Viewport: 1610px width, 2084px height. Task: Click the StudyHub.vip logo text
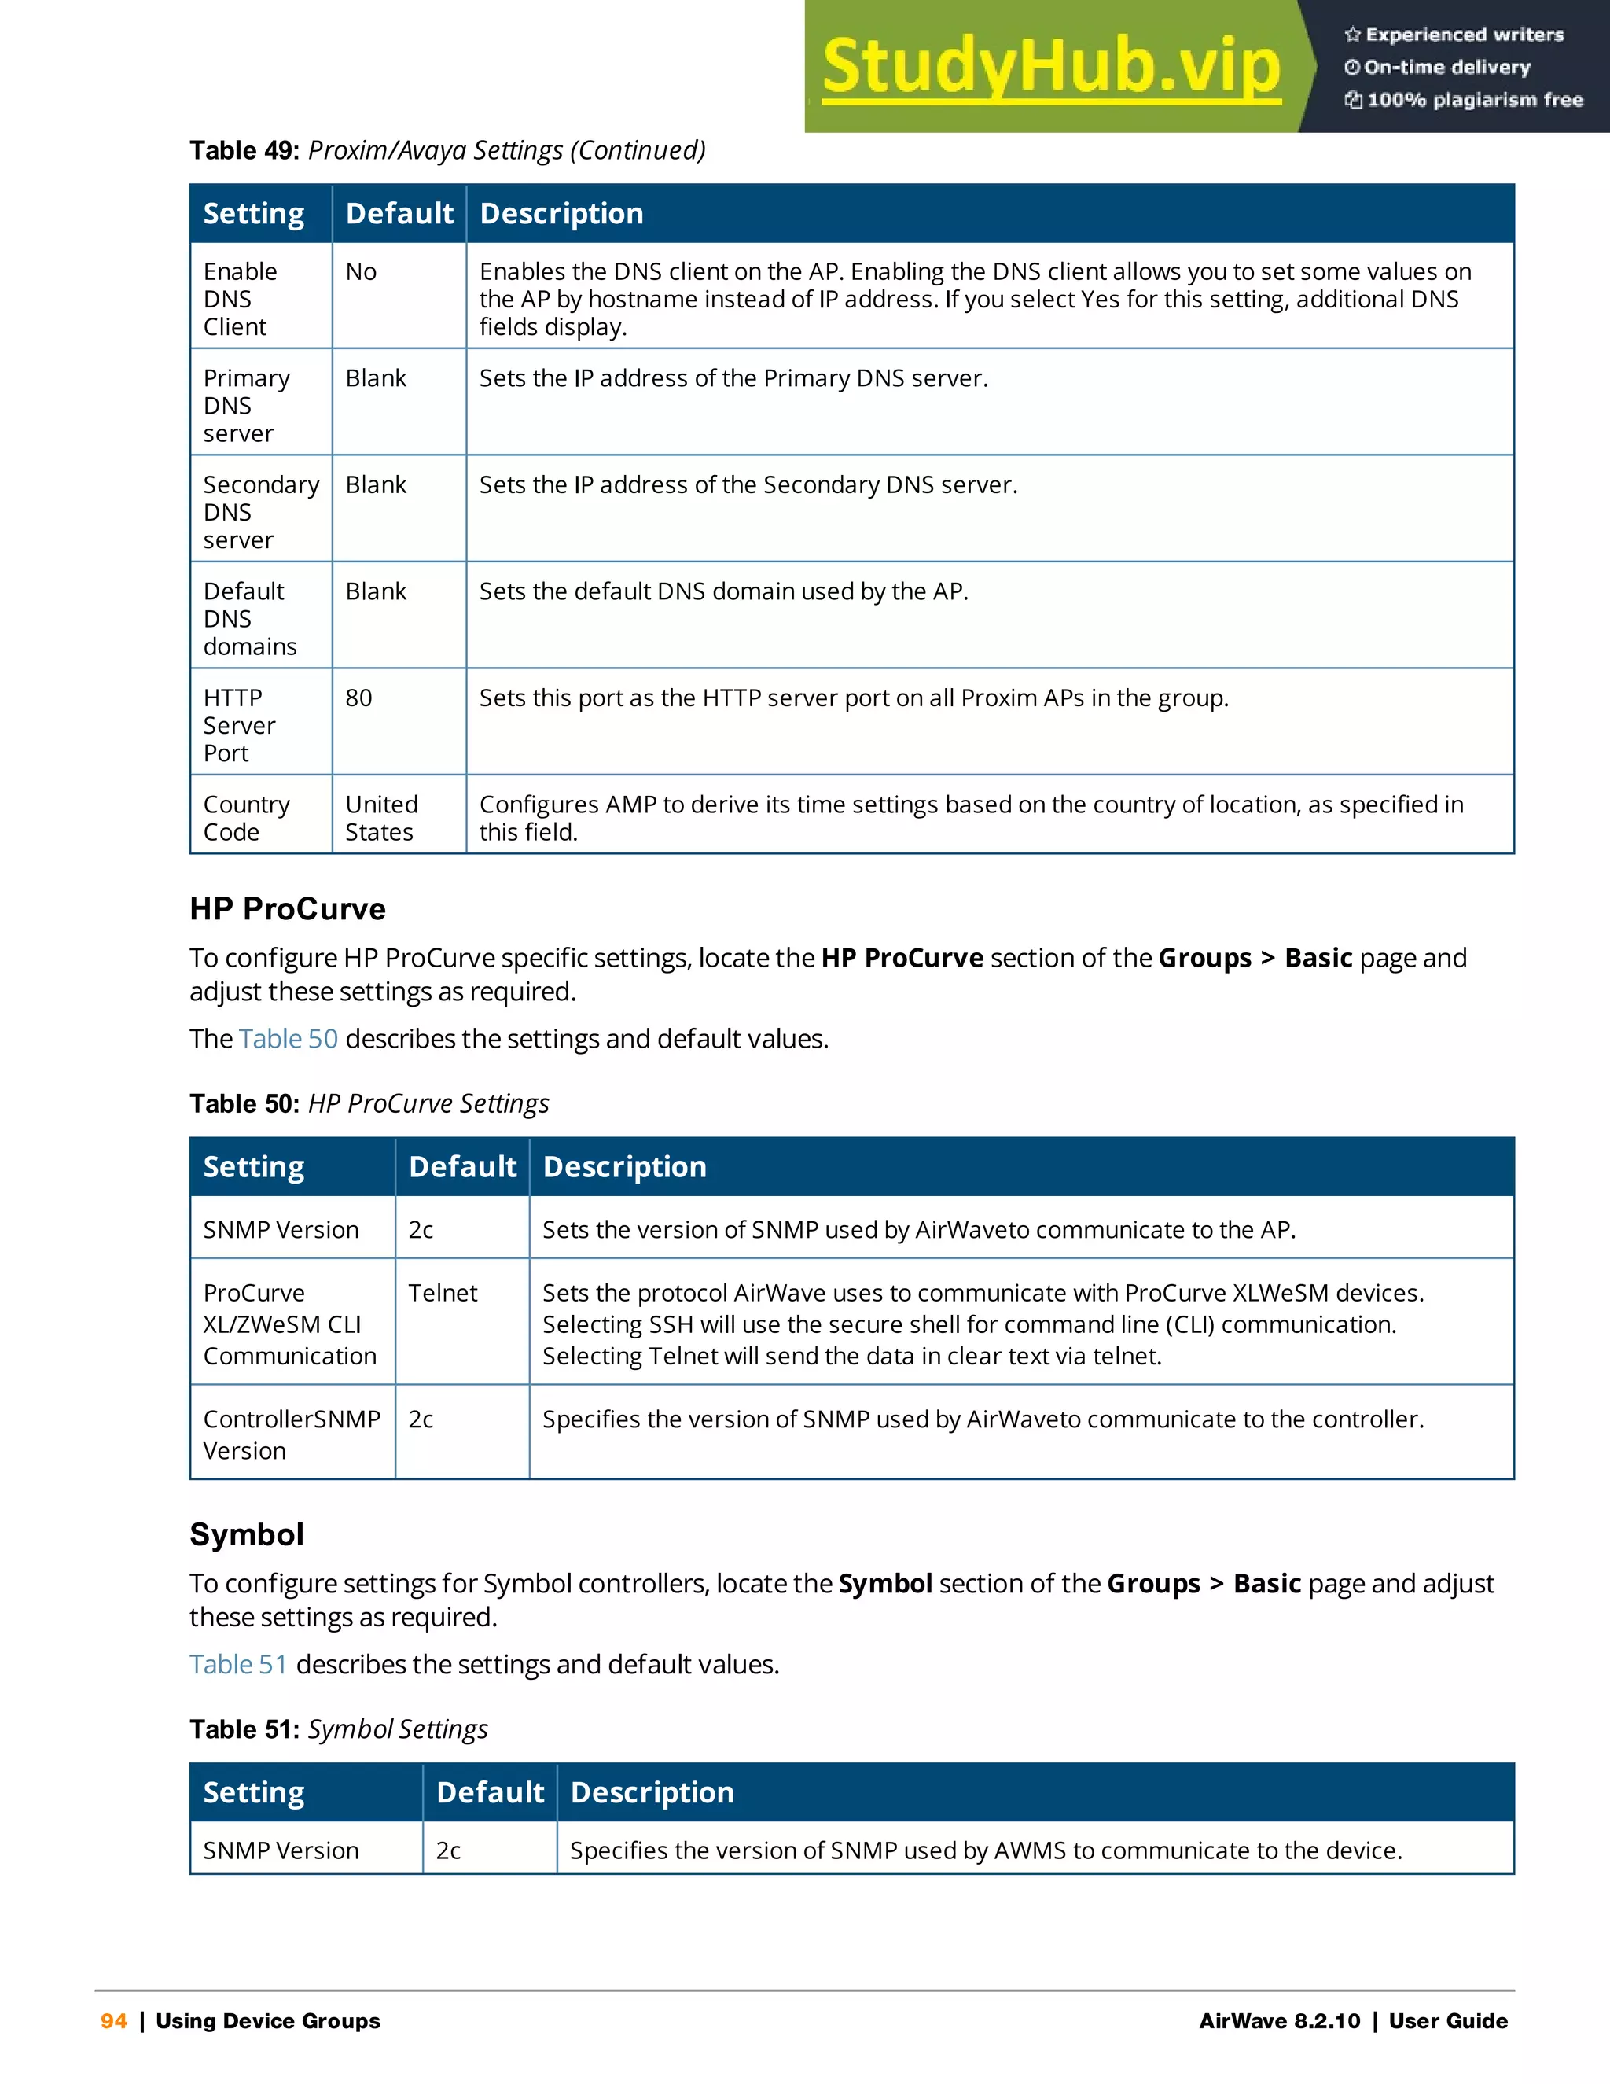(x=1050, y=67)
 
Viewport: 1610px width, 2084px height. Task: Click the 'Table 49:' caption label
(x=245, y=151)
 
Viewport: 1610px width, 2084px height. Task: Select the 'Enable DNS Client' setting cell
(x=241, y=299)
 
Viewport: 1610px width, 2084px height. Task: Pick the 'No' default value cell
(x=362, y=272)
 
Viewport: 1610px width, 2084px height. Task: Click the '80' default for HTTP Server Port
(x=358, y=698)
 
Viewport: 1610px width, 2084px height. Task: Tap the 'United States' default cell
(x=381, y=818)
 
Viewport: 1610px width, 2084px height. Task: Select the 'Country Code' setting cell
(x=246, y=818)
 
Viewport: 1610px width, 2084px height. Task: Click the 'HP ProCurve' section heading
(x=287, y=908)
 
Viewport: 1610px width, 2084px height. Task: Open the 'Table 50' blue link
(x=288, y=1038)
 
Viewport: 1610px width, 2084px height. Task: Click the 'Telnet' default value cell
(x=443, y=1293)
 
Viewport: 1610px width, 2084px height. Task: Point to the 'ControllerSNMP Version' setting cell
(x=291, y=1434)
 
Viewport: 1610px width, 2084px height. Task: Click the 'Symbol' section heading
(x=246, y=1534)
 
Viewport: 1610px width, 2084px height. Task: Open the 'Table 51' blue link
(x=237, y=1664)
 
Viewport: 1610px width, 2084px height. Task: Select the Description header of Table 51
(x=652, y=1792)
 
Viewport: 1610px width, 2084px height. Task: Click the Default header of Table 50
(x=462, y=1167)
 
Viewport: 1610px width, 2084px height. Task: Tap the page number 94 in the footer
(x=113, y=2021)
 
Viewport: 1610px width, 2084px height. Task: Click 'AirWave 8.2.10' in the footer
(x=1279, y=2021)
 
